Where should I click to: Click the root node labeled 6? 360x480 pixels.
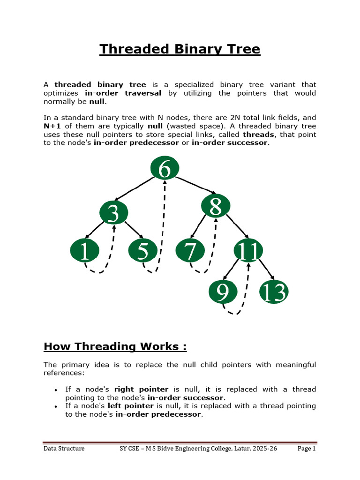[165, 168]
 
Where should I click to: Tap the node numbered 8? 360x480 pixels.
[216, 205]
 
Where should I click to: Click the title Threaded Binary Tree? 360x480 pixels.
[180, 49]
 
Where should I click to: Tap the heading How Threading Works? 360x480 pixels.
[115, 346]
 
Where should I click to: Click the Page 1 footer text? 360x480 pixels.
[307, 449]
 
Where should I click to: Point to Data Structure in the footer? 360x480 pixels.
[64, 449]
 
